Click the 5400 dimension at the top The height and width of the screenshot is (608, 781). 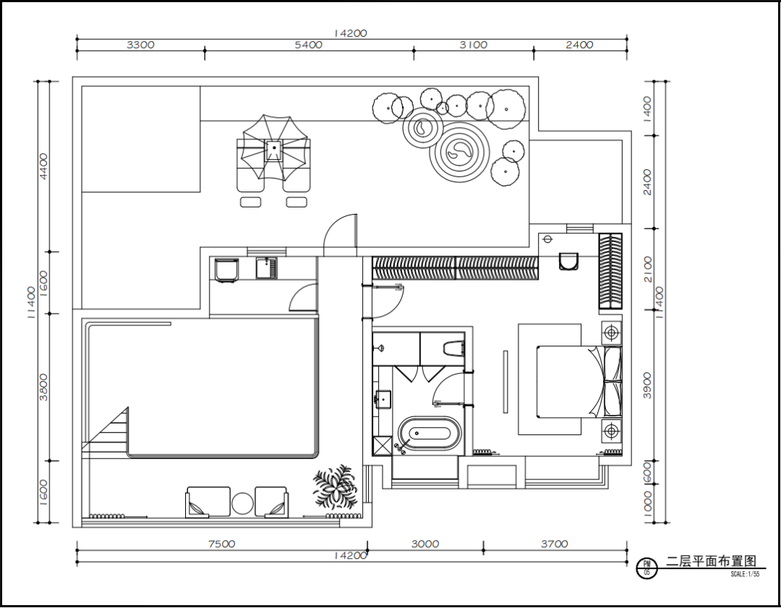coord(308,45)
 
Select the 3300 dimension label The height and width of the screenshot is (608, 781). coord(140,45)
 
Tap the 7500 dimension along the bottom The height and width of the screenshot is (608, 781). coord(222,544)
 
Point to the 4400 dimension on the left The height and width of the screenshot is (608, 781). coord(44,166)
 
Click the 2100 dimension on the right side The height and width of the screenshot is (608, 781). coord(647,269)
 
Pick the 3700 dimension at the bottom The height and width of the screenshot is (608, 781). coord(555,544)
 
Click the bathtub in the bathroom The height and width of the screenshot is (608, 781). coord(430,433)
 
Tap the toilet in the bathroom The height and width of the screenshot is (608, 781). coord(453,348)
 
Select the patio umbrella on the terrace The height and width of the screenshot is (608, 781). coord(273,147)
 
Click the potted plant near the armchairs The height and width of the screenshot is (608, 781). coord(336,487)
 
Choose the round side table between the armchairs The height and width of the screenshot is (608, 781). coord(243,504)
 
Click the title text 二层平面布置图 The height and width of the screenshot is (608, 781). coord(712,561)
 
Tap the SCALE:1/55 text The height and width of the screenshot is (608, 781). coord(745,574)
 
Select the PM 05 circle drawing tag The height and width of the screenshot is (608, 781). coord(647,568)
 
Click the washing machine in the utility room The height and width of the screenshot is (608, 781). coord(226,270)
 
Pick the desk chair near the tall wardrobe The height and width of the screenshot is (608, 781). coord(568,262)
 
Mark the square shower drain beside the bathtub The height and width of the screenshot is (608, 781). coord(383,445)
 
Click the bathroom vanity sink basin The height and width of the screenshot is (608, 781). coord(383,399)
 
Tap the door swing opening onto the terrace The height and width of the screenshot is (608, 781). coord(340,235)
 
